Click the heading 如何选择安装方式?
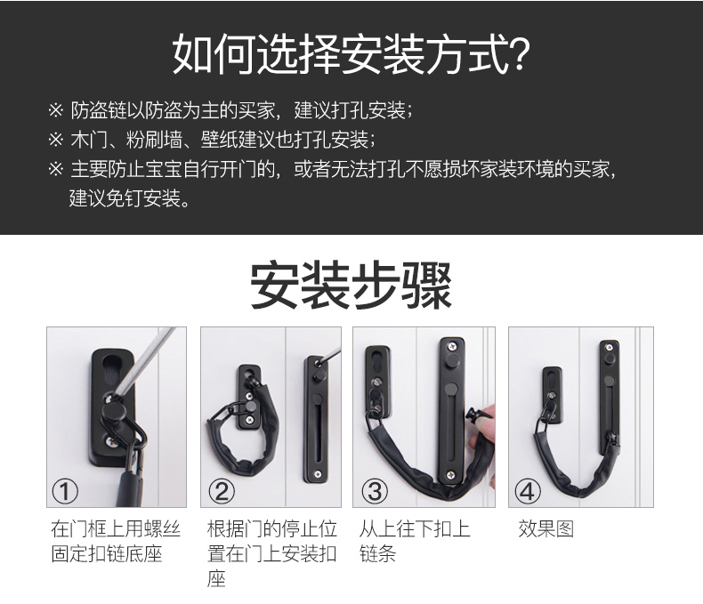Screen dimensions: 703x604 (x=351, y=54)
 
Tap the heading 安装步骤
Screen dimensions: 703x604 (x=351, y=286)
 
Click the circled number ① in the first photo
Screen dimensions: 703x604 (x=65, y=491)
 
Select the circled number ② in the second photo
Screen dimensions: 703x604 (x=222, y=491)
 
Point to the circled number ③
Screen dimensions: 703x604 (x=375, y=491)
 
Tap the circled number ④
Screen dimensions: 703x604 (x=528, y=491)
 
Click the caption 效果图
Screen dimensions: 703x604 (x=546, y=528)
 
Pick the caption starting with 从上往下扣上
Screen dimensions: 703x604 (x=415, y=541)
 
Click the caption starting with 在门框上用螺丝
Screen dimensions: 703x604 (x=115, y=541)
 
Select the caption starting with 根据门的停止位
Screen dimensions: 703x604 (x=271, y=554)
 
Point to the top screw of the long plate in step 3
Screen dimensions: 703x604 (x=450, y=345)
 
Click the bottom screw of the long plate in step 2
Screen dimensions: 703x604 (x=318, y=474)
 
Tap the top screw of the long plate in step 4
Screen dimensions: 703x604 (x=609, y=347)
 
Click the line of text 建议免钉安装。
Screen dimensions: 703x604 (x=130, y=198)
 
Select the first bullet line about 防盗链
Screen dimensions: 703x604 (x=230, y=110)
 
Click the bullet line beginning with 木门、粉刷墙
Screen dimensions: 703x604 (x=212, y=140)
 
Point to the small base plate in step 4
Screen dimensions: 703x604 (x=552, y=395)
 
